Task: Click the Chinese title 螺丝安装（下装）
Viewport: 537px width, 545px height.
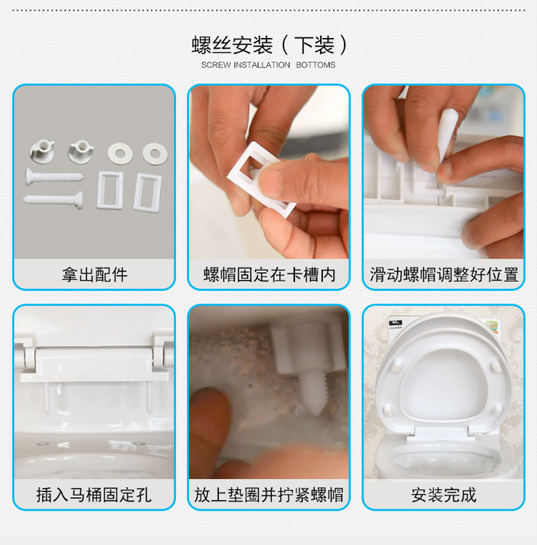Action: coord(268,45)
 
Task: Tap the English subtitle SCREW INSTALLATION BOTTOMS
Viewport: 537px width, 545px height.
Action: coord(268,65)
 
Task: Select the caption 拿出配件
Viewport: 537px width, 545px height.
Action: coord(95,274)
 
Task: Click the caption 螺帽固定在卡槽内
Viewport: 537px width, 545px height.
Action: coord(269,274)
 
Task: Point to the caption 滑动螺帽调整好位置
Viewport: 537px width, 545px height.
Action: coord(444,274)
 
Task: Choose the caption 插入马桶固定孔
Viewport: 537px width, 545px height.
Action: coord(94,495)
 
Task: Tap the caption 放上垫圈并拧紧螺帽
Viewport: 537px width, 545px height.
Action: coord(268,495)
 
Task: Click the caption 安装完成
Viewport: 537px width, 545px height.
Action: coord(443,495)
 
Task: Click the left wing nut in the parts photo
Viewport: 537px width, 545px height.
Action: coord(42,151)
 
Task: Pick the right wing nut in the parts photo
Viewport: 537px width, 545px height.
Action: coord(81,151)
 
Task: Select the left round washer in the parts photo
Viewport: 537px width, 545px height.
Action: coord(120,153)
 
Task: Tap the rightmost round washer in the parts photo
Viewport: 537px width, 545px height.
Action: coord(155,153)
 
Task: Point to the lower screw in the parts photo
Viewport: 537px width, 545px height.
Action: coord(53,200)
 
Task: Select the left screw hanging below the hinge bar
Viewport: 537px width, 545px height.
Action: coord(47,397)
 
